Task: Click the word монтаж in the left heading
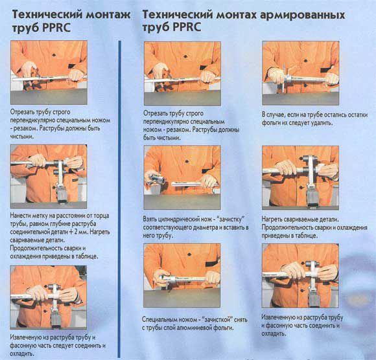[108, 15]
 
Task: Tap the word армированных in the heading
[302, 16]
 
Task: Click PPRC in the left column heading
[56, 28]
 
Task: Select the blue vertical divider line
[119, 199]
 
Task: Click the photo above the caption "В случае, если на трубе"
[300, 73]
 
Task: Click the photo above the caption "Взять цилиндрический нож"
[182, 177]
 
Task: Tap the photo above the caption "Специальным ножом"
[182, 275]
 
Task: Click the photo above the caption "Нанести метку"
[49, 176]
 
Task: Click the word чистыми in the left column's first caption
[22, 137]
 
